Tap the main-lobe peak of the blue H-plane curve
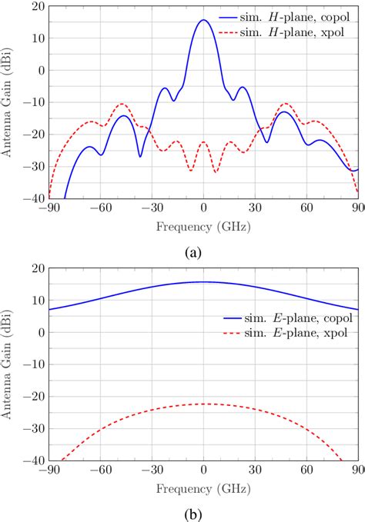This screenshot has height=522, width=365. tap(203, 20)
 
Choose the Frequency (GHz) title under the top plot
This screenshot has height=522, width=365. tap(203, 227)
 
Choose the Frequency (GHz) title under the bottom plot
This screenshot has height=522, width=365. tap(203, 488)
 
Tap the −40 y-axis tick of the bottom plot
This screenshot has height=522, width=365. tap(35, 460)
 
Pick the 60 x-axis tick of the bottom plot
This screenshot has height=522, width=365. tap(306, 470)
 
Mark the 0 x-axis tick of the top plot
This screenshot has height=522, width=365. tap(203, 208)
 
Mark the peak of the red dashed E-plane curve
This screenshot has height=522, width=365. tap(203, 404)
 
